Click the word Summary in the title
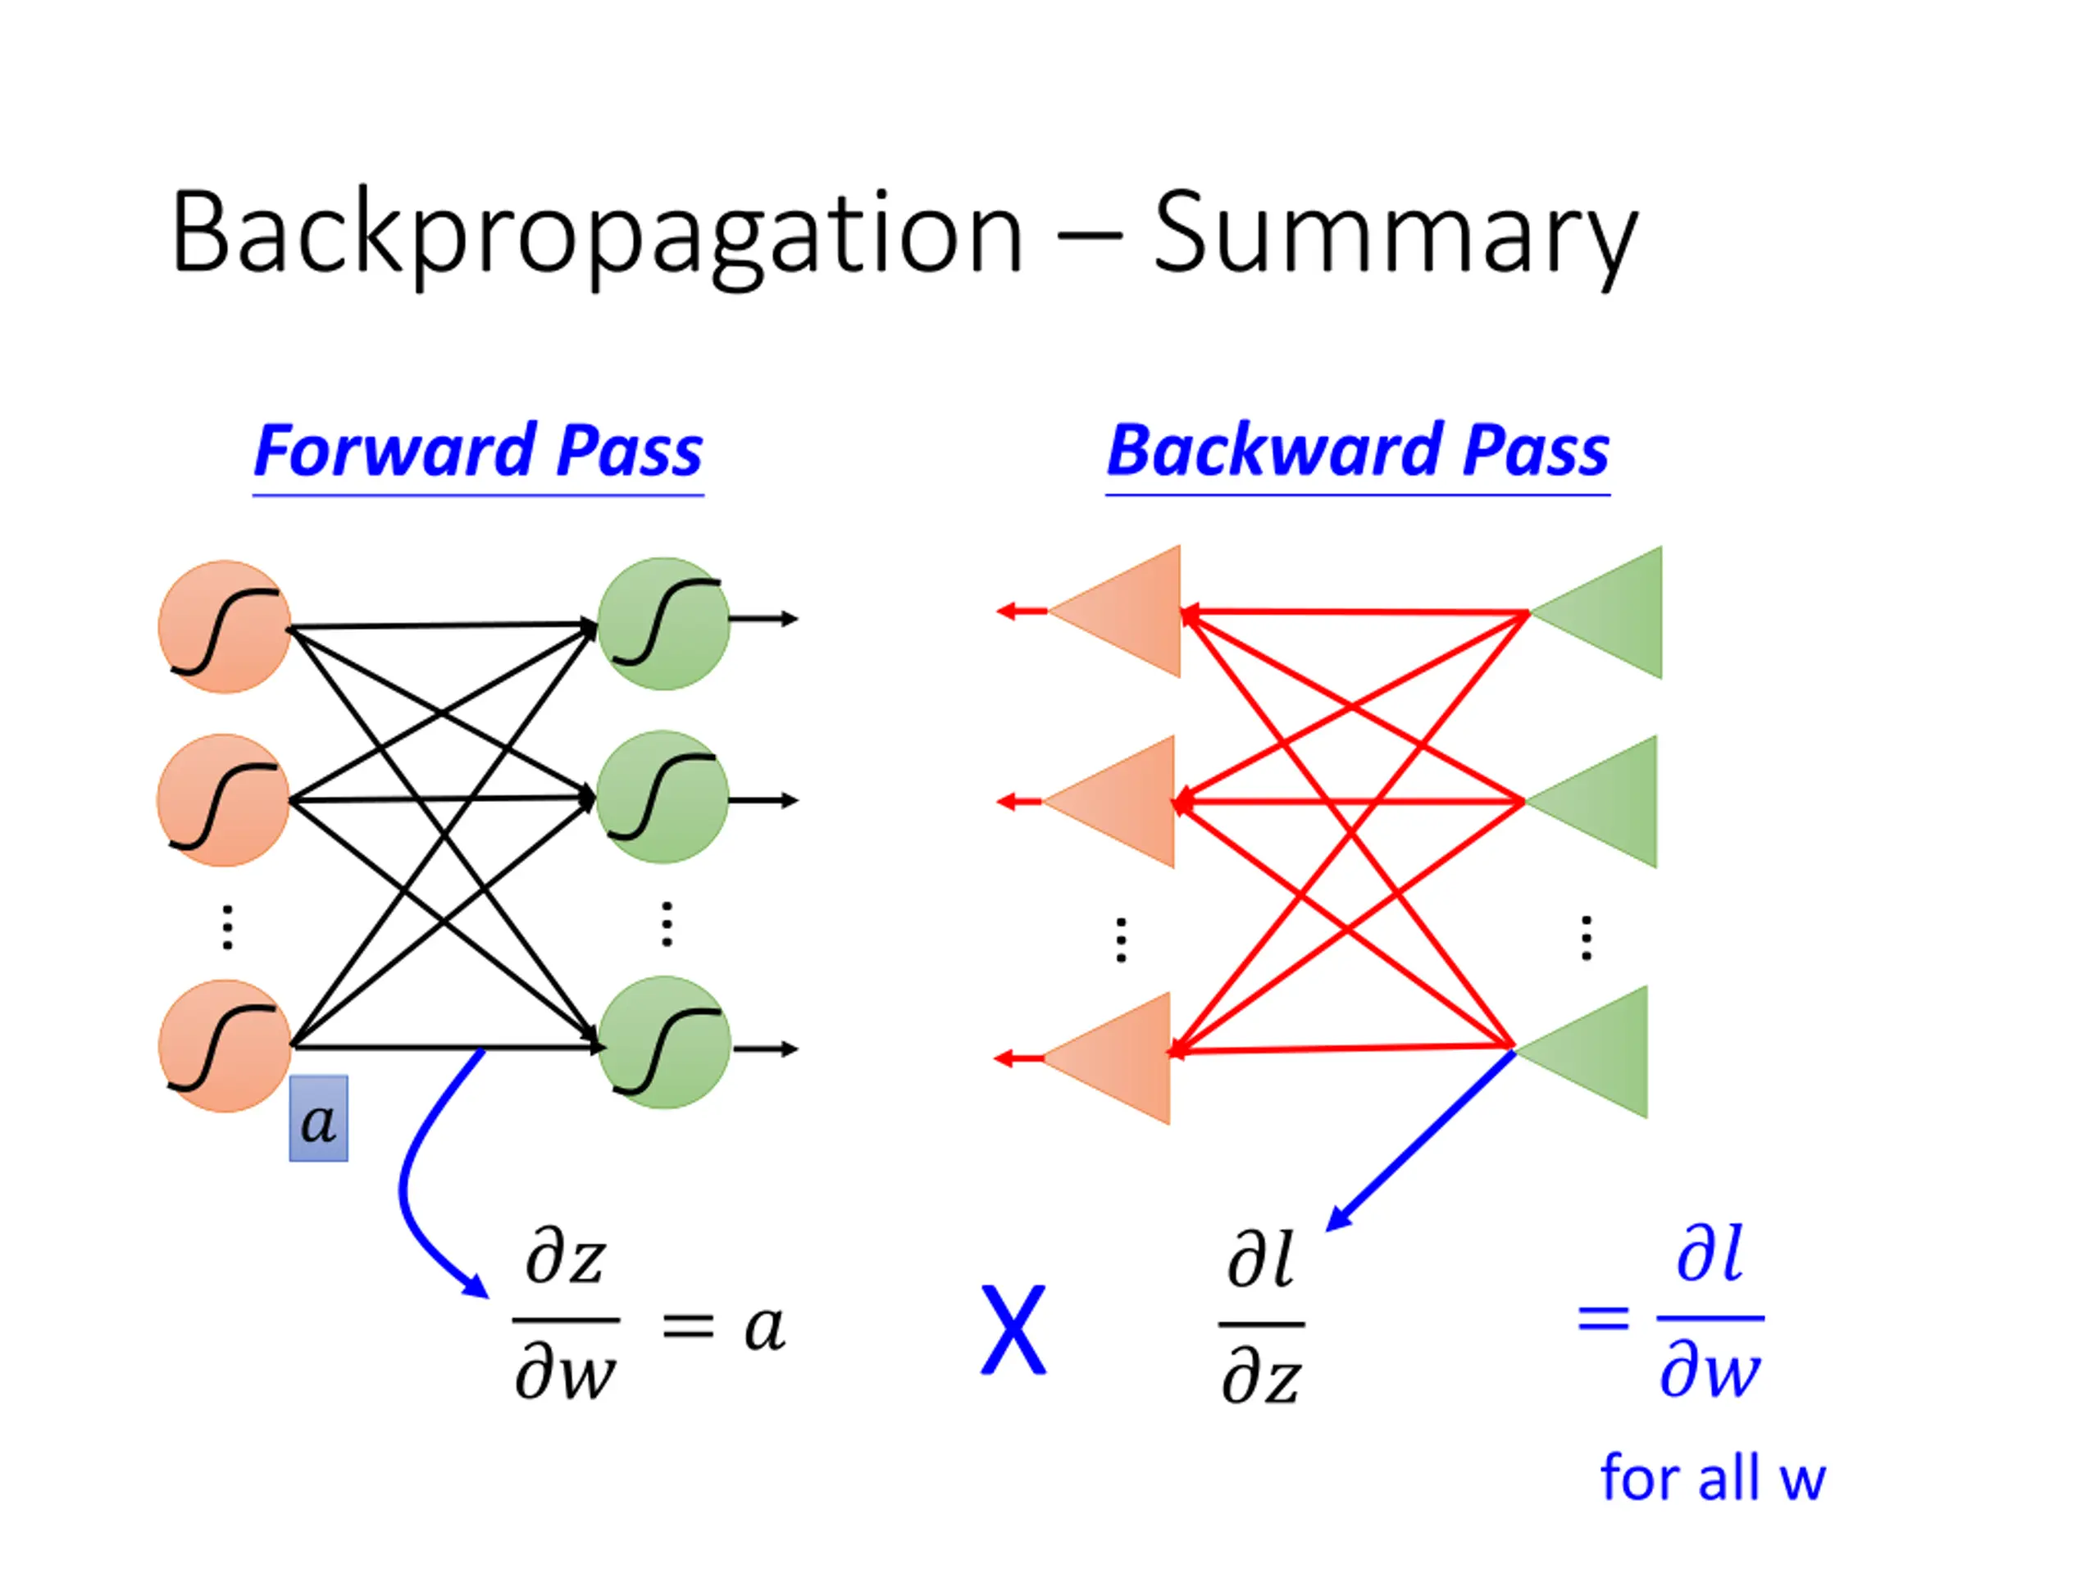point(1396,238)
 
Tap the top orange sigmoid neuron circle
point(225,627)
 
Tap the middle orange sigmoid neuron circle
point(224,800)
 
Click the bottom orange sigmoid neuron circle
point(225,1045)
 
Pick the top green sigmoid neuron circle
point(664,623)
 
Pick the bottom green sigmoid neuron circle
point(664,1042)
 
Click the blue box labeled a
point(319,1118)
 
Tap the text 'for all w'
point(1713,1477)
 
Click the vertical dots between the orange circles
point(227,927)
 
